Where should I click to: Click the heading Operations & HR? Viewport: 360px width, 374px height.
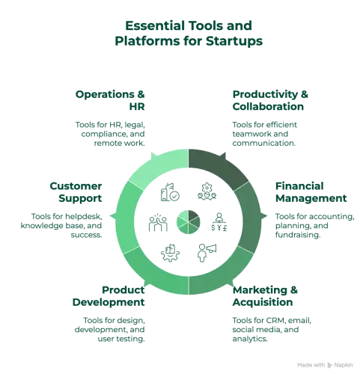pyautogui.click(x=110, y=100)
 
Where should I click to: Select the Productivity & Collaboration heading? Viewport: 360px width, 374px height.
pyautogui.click(x=270, y=100)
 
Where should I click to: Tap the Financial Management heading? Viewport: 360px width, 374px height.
pyautogui.click(x=311, y=192)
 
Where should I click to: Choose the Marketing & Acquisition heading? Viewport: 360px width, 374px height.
pyautogui.click(x=265, y=296)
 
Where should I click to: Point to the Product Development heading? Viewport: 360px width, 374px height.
pyautogui.click(x=109, y=296)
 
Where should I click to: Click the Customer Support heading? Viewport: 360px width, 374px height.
pyautogui.click(x=76, y=192)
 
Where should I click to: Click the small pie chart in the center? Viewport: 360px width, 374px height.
pyautogui.click(x=189, y=222)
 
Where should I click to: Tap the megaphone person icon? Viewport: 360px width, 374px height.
pyautogui.click(x=207, y=253)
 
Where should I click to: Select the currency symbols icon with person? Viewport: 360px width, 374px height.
pyautogui.click(x=219, y=222)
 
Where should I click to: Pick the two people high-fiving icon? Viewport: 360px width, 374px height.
pyautogui.click(x=158, y=222)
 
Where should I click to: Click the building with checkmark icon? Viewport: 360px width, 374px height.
pyautogui.click(x=170, y=192)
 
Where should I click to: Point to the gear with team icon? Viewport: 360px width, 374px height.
pyautogui.click(x=207, y=191)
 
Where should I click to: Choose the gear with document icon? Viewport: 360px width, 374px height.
pyautogui.click(x=170, y=253)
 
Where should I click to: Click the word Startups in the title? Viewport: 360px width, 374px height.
pyautogui.click(x=234, y=41)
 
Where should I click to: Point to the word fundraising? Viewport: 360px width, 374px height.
pyautogui.click(x=298, y=235)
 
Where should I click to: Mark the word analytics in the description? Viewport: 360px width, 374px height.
pyautogui.click(x=250, y=339)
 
